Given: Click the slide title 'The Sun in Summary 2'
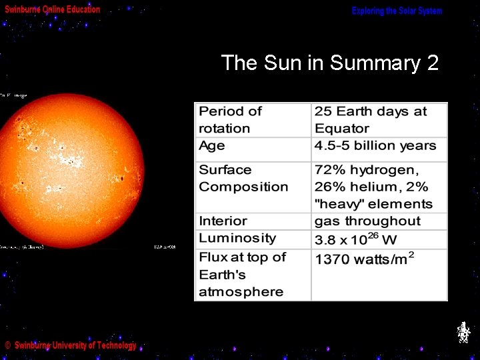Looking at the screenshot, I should pyautogui.click(x=329, y=63).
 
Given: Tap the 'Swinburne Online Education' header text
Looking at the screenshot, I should pyautogui.click(x=53, y=10).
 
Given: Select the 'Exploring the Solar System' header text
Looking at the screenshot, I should pyautogui.click(x=397, y=11).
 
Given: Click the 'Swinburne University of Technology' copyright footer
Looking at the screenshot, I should pyautogui.click(x=71, y=345).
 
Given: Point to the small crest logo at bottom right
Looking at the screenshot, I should pyautogui.click(x=463, y=332).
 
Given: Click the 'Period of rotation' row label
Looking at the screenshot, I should pyautogui.click(x=230, y=120).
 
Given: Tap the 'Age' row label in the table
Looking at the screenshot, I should pyautogui.click(x=212, y=146).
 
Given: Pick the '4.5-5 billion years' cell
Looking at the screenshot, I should pyautogui.click(x=375, y=146).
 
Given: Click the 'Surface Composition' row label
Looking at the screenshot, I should pyautogui.click(x=243, y=179).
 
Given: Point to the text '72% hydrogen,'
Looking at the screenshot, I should pyautogui.click(x=367, y=170).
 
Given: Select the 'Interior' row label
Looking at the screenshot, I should pyautogui.click(x=223, y=221).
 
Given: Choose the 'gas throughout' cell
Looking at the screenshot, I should pyautogui.click(x=367, y=221).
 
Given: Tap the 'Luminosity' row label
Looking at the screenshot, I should pyautogui.click(x=237, y=239).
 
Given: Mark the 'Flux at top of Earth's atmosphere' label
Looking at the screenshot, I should pyautogui.click(x=242, y=275).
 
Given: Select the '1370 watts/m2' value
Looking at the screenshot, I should pyautogui.click(x=364, y=258).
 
